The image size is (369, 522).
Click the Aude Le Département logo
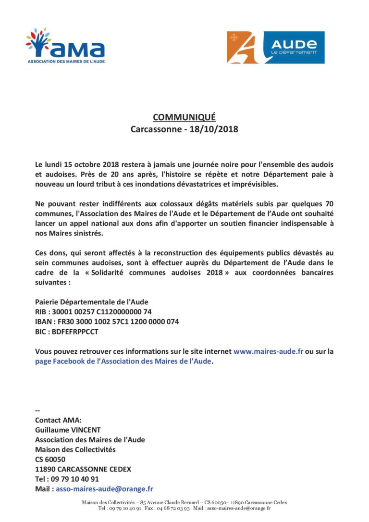pos(275,48)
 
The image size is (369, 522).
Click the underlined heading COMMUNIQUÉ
pos(184,117)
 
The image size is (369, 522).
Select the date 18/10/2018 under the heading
pos(216,129)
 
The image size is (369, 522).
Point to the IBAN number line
pos(107,322)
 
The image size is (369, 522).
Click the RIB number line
pos(93,311)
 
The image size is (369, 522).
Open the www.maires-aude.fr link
pos(268,351)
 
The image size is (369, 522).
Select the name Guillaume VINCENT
pos(68,430)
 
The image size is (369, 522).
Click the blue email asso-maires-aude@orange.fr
pos(104,489)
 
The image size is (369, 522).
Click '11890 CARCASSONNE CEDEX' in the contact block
pos(83,469)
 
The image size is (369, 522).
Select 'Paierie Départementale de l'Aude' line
pos(92,302)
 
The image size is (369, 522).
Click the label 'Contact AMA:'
pos(58,420)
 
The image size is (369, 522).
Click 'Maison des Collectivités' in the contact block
pos(75,449)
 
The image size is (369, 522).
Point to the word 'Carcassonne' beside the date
pos(153,129)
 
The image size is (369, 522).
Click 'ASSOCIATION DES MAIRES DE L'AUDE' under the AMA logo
pos(66,62)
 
